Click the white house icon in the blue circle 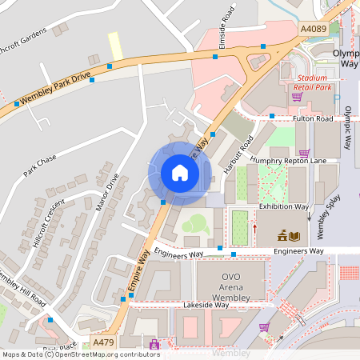click(x=180, y=173)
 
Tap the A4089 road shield click(x=313, y=29)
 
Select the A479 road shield click(x=103, y=342)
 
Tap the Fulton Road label click(x=312, y=118)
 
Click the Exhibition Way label click(x=282, y=206)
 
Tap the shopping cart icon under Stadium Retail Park click(x=297, y=97)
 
